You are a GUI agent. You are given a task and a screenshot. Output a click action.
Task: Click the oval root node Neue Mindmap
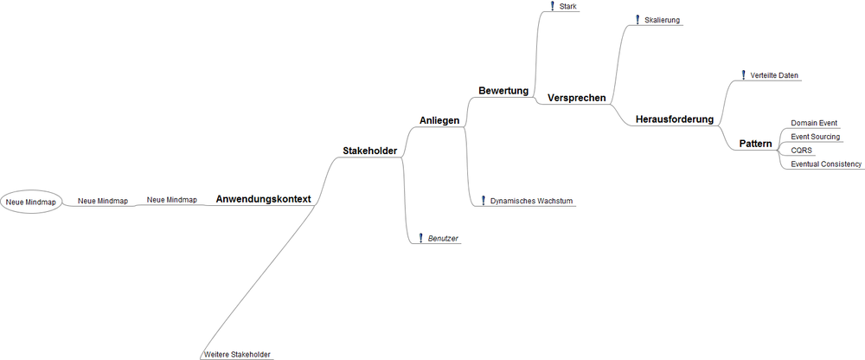coord(31,202)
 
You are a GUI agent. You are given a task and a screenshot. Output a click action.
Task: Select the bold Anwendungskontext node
coord(264,199)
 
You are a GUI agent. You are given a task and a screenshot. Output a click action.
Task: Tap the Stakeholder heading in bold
coord(370,151)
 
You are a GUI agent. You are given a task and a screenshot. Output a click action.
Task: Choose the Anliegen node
coord(439,120)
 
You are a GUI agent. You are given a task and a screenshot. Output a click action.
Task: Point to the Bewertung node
coord(503,90)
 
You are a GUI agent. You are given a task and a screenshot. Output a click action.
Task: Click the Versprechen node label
coord(576,99)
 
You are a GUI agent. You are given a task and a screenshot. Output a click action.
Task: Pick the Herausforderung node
coord(675,119)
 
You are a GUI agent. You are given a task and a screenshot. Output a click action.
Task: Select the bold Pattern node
coord(756,145)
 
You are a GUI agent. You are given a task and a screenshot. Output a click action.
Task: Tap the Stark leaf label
coord(567,7)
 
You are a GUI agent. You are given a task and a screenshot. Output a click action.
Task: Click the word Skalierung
coord(662,21)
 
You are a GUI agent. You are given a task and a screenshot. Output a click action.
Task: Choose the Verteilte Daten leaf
coord(774,75)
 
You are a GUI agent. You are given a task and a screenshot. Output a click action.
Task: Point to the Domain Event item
coord(814,123)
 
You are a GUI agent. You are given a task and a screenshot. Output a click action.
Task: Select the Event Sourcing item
coord(816,137)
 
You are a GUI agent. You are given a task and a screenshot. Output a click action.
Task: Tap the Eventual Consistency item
coord(826,164)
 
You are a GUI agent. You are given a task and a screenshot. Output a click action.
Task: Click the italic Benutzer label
coord(444,239)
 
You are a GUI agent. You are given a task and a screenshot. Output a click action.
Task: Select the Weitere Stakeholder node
coord(237,355)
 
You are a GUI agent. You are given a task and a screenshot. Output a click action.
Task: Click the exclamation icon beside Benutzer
coord(421,238)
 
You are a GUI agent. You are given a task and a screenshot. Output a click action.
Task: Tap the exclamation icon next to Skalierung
coord(638,20)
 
